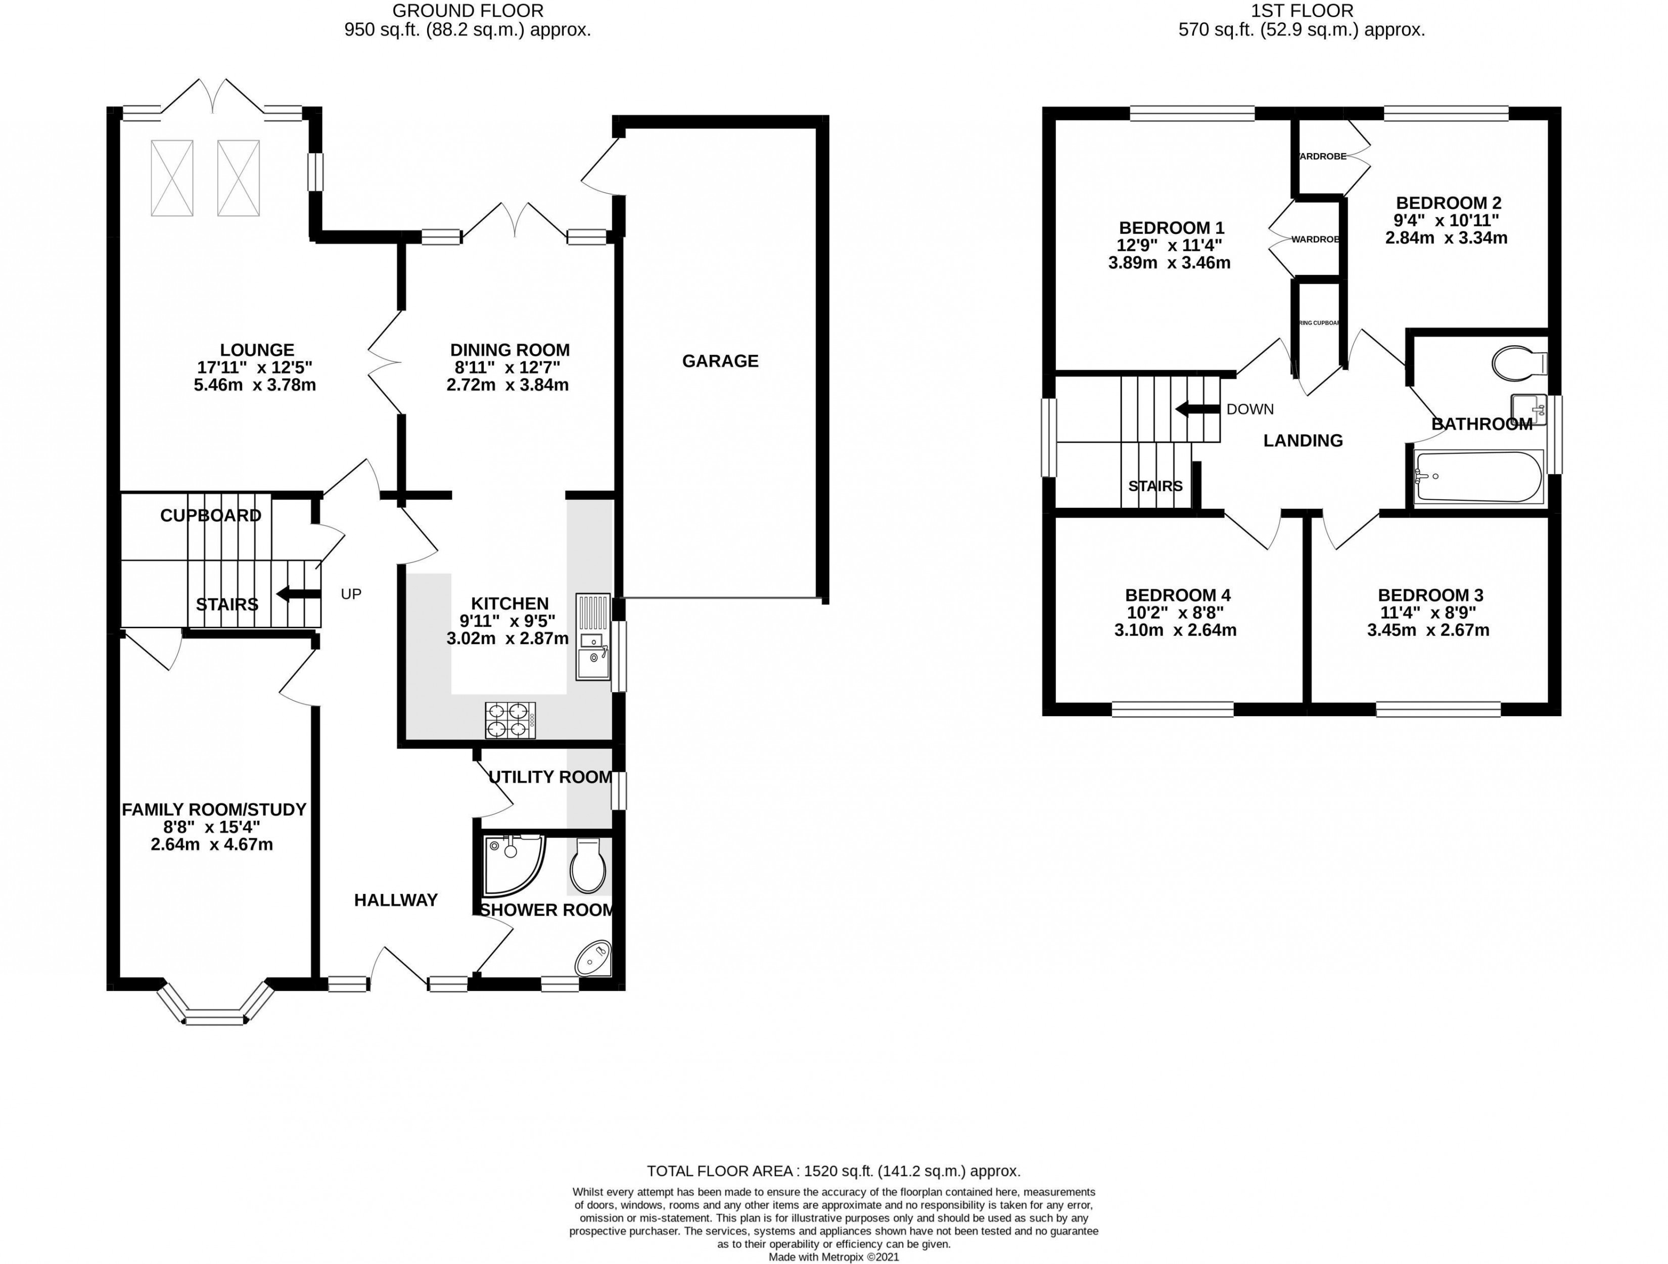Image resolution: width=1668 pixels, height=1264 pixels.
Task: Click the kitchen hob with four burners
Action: point(511,720)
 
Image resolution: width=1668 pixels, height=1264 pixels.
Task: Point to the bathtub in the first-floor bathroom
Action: point(1478,477)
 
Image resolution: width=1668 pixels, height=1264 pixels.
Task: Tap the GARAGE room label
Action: point(720,361)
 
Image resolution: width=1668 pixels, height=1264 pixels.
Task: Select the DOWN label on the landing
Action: point(1249,409)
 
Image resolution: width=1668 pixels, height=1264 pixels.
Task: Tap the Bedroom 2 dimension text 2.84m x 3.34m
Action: point(1446,239)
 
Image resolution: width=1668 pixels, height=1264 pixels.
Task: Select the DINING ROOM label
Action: point(509,350)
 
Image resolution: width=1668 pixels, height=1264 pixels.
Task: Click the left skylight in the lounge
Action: point(172,178)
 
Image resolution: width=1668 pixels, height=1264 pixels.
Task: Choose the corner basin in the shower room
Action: point(595,959)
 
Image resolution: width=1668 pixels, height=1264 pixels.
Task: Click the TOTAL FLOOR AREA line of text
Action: point(833,1171)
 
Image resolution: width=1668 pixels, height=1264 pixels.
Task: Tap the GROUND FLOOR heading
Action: point(468,11)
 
